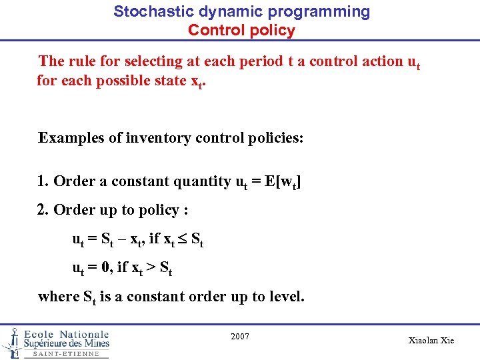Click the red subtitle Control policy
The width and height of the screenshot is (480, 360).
(241, 30)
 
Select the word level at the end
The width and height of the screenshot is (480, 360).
(285, 296)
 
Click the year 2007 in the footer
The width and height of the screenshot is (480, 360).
(240, 337)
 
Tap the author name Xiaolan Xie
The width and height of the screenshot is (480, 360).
(431, 341)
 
